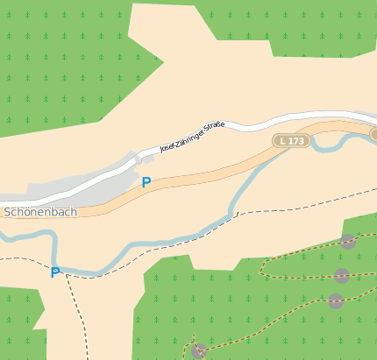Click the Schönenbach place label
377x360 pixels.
(x=40, y=212)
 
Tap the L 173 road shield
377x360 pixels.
(x=292, y=140)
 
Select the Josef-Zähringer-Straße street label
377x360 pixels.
(x=192, y=138)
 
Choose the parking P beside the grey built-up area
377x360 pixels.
(x=146, y=182)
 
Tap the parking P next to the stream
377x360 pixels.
(x=55, y=272)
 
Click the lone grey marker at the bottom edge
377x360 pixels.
(x=199, y=351)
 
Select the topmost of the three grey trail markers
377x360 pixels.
(x=348, y=242)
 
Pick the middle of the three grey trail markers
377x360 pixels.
(x=342, y=276)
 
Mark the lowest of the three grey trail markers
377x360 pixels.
(x=336, y=301)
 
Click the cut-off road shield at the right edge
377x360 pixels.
(x=373, y=134)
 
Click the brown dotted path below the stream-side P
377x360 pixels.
(x=80, y=315)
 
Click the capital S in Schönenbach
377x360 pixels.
(x=8, y=212)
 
